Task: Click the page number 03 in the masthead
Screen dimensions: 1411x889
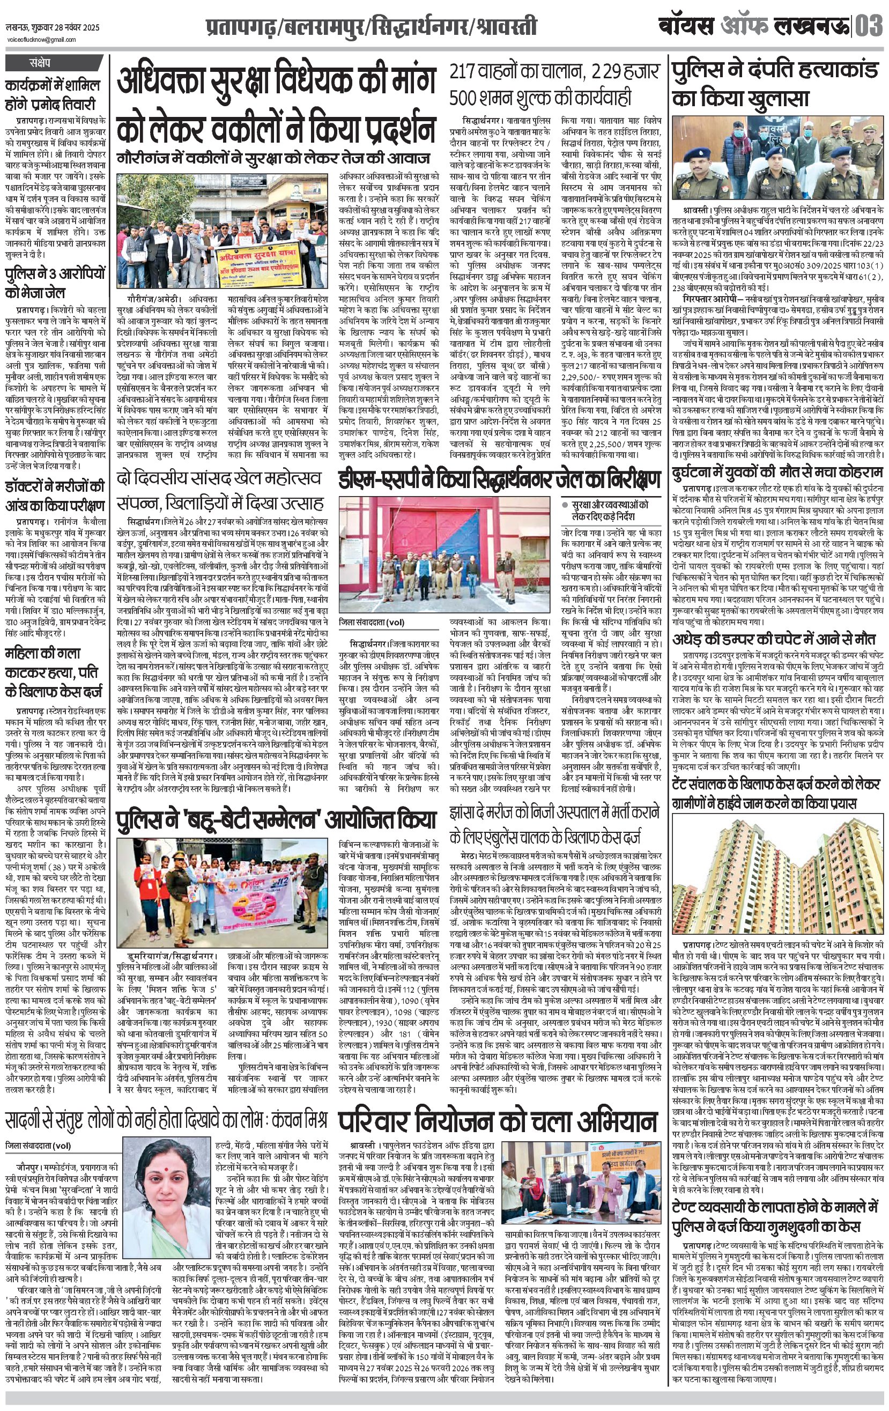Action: coord(869,26)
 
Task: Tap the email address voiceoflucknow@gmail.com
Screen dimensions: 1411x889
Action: coord(41,40)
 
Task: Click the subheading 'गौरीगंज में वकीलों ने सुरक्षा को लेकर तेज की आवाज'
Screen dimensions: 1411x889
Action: coord(273,158)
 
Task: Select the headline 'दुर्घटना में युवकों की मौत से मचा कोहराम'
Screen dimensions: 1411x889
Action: coord(777,472)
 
